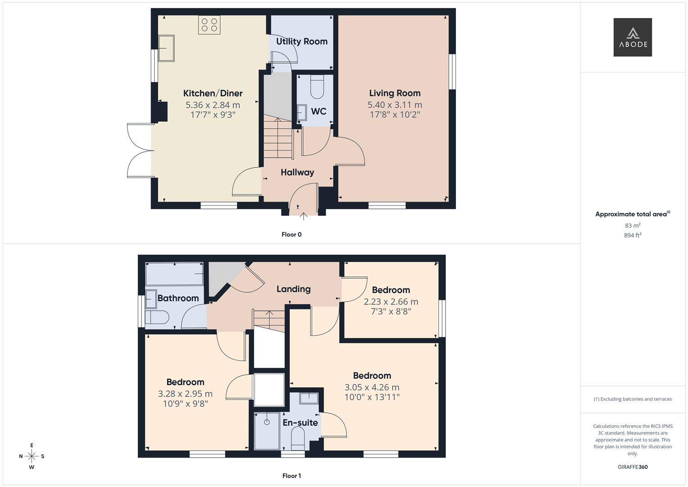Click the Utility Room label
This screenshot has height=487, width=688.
coord(301,41)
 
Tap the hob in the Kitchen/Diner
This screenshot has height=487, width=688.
coord(209,25)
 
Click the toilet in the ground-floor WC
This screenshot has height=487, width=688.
coord(317,87)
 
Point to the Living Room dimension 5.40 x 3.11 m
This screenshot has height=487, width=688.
coord(395,105)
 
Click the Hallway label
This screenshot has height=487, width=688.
coord(297,172)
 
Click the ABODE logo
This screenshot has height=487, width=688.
coord(632,37)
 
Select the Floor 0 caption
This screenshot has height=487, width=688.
coord(291,234)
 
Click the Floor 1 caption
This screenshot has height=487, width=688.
coord(292,476)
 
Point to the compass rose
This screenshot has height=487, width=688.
coord(32,456)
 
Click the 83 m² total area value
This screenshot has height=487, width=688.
coord(632,225)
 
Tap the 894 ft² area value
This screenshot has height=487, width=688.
coord(632,235)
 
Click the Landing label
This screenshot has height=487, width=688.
coord(293,289)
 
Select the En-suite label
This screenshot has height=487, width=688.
coord(300,423)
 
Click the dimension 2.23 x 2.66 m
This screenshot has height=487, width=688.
coord(391,302)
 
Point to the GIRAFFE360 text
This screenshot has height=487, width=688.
coord(632,467)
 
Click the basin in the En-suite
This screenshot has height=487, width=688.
coord(309,397)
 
